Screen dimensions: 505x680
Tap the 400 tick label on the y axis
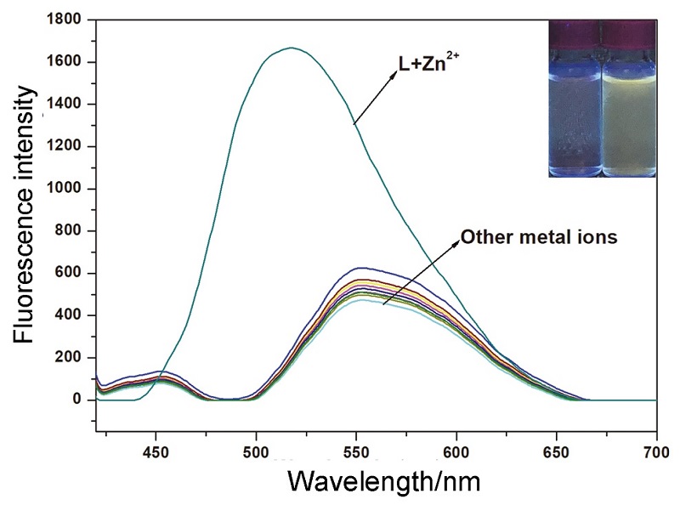point(73,315)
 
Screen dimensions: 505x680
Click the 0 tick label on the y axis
point(83,400)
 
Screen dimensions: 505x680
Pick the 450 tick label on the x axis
point(156,450)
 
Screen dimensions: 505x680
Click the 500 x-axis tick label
point(256,450)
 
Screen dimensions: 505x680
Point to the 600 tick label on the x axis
point(456,450)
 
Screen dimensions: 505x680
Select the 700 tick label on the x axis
point(656,450)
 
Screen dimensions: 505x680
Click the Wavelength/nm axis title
point(384,481)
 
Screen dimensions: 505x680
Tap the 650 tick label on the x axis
point(557,450)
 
